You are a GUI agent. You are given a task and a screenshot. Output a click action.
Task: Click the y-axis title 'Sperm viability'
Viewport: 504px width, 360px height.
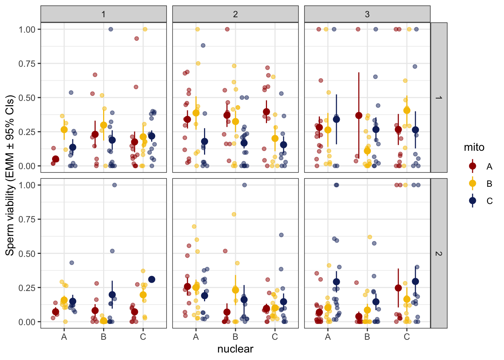(x=10, y=175)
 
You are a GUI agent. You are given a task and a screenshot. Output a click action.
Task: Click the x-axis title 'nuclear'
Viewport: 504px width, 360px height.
(x=235, y=349)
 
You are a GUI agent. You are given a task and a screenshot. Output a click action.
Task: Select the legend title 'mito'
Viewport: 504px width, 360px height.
(x=474, y=147)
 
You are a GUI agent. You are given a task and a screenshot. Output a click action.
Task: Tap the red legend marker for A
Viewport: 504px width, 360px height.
(x=472, y=166)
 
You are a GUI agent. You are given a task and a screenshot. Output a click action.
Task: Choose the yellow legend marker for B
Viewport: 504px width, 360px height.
(x=472, y=183)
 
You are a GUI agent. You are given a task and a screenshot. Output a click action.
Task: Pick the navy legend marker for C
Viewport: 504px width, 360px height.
(x=472, y=201)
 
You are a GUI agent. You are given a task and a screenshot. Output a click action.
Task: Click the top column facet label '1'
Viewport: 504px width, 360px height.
(x=103, y=14)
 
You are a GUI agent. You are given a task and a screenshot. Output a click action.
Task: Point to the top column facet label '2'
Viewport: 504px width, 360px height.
(x=235, y=14)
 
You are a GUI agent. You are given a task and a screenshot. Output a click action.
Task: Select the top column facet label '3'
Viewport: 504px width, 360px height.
(x=367, y=14)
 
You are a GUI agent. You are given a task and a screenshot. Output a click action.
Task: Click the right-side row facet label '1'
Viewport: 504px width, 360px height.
(x=439, y=97)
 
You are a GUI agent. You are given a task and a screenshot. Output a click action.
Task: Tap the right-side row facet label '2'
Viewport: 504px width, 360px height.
(x=439, y=253)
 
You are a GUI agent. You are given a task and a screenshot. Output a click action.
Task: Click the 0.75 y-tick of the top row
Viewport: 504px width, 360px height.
(x=27, y=64)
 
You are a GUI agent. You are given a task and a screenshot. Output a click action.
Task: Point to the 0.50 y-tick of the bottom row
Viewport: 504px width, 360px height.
(x=27, y=253)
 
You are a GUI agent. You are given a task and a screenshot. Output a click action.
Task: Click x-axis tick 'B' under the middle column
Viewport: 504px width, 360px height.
(x=235, y=337)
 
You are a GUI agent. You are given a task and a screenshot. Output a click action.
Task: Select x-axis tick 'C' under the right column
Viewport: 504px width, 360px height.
(x=407, y=337)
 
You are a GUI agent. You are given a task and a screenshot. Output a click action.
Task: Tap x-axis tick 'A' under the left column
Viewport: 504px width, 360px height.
(x=64, y=337)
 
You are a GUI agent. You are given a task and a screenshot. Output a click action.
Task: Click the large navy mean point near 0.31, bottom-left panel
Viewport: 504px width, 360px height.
(x=151, y=279)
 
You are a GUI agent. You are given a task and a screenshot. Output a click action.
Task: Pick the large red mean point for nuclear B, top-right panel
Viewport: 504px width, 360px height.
(x=359, y=115)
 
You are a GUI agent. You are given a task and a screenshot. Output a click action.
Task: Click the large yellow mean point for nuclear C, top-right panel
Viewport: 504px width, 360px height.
(x=407, y=110)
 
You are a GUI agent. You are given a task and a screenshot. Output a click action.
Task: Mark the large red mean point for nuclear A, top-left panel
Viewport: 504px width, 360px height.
(x=55, y=159)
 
